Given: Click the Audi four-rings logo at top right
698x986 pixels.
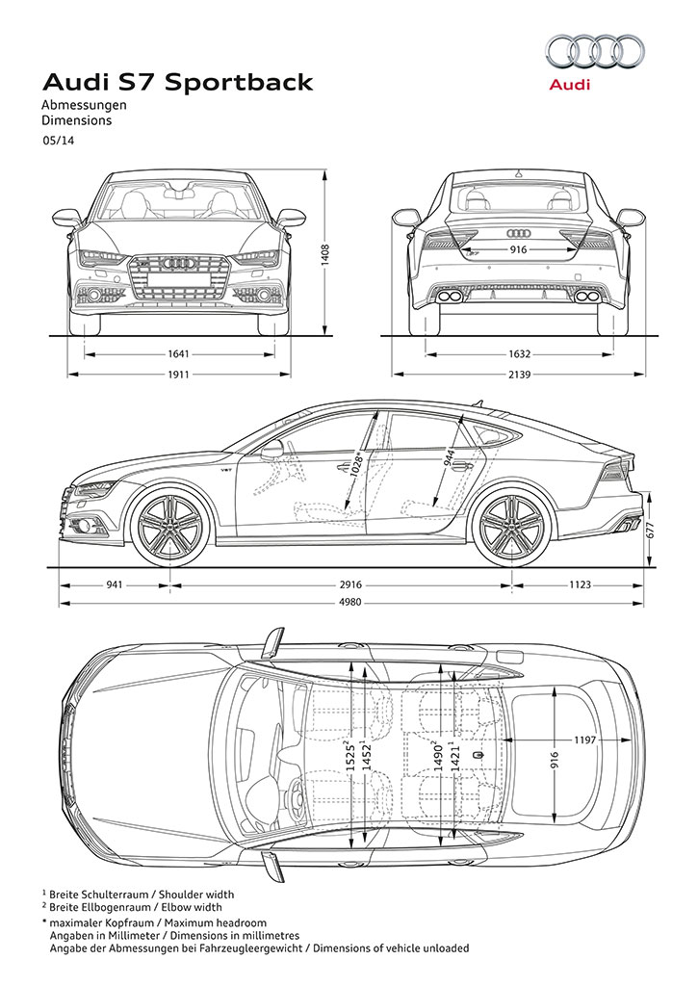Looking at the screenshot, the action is [x=595, y=51].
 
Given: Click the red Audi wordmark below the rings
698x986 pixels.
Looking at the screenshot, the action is [x=570, y=85].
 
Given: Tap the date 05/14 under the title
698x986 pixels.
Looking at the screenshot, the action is [x=59, y=141].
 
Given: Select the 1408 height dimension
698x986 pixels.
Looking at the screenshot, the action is [x=325, y=254].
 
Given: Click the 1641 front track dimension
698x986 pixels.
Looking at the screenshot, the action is [x=178, y=354].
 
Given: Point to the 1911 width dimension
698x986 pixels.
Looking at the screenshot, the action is [x=178, y=375].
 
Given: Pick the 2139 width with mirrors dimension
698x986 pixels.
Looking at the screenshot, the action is [x=520, y=375].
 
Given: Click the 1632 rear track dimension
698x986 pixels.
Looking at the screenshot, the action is [x=520, y=354].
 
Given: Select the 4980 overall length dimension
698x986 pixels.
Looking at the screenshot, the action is [x=350, y=603].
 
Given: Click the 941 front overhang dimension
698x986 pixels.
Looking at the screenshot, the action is [x=114, y=584].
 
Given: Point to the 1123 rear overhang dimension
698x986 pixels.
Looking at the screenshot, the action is [x=580, y=584].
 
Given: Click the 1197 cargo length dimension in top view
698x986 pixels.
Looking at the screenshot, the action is [x=584, y=740].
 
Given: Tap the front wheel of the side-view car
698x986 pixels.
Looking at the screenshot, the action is [x=169, y=527].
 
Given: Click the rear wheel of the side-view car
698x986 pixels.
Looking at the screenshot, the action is [x=510, y=527].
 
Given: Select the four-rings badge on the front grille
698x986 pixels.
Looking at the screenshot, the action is [x=178, y=263].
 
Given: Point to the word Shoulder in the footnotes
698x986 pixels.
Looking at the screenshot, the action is [x=178, y=895].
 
